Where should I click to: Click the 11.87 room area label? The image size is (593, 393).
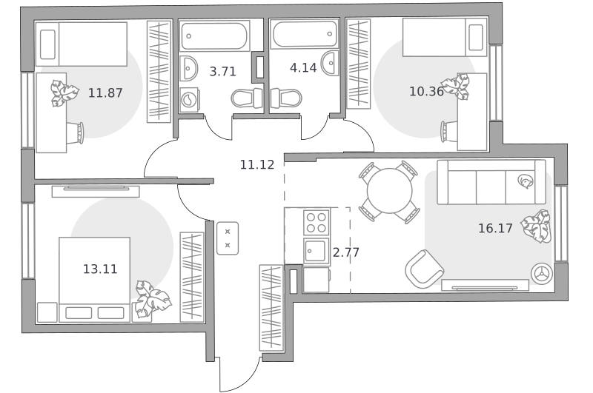point(105,93)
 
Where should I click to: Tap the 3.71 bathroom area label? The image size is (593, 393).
point(223,71)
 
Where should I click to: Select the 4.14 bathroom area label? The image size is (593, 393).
point(303,67)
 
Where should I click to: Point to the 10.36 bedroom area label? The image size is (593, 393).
point(427,91)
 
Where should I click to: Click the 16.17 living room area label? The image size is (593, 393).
point(495,228)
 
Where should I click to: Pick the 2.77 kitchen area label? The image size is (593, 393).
point(345,252)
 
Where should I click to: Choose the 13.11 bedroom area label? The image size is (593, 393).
point(100,269)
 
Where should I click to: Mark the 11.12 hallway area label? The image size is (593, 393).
point(257,164)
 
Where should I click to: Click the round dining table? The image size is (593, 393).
point(390,191)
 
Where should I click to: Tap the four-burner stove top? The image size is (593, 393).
point(317,222)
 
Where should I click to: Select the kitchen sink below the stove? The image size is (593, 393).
point(317,252)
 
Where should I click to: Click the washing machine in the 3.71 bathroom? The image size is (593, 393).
point(190,100)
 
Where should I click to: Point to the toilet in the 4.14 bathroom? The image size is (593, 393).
point(286,98)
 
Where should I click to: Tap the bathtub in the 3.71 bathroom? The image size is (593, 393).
point(214,36)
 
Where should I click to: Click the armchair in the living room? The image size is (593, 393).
point(424,269)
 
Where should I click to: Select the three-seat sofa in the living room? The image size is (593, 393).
point(491,182)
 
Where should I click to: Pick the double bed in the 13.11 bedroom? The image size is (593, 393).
point(95,279)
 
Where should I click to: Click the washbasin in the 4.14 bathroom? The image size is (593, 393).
point(330,63)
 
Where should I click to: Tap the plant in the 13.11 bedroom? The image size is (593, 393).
point(153,298)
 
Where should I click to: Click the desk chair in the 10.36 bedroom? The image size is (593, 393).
point(449,132)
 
